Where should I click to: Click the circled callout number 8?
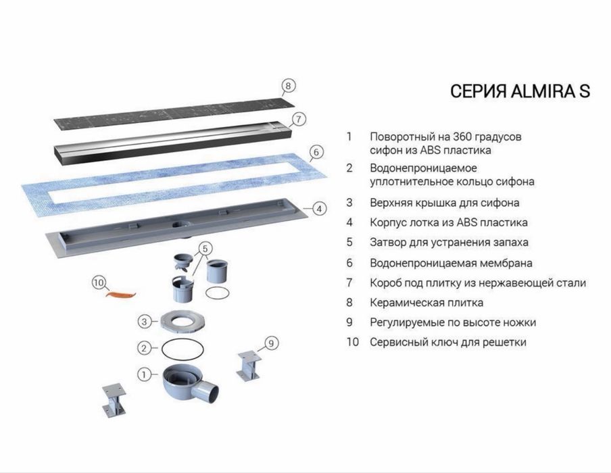pos(288,85)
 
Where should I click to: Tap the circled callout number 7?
pos(299,119)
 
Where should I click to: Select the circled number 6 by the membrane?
pos(316,152)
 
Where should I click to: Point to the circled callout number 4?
pos(319,209)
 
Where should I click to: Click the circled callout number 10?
pos(99,282)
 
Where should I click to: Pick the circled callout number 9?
pos(271,343)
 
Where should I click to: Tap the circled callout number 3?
pos(144,322)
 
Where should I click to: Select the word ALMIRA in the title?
pos(541,92)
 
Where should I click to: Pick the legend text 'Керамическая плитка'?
pos(426,303)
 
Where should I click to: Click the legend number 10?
pos(353,342)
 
